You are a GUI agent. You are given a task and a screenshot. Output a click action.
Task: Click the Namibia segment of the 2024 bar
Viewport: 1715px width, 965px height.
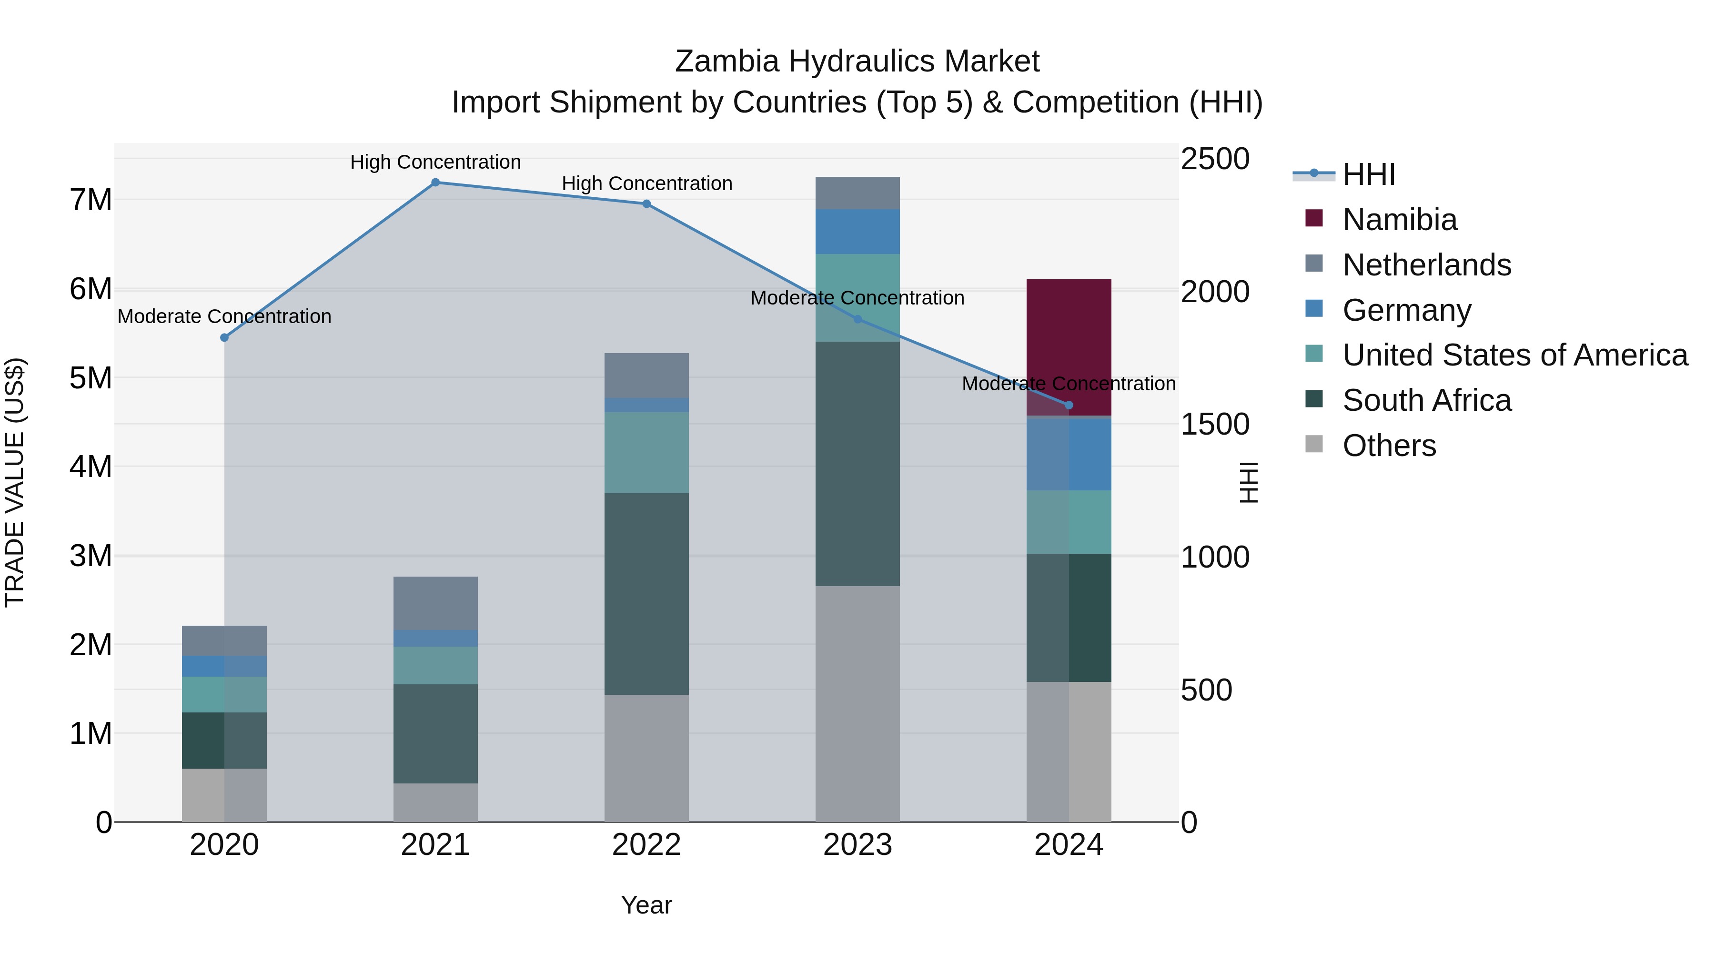(1069, 333)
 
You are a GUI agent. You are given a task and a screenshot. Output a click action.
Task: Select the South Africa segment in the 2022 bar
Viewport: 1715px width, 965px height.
(646, 593)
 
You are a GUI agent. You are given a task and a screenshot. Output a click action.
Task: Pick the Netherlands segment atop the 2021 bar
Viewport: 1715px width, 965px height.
(435, 603)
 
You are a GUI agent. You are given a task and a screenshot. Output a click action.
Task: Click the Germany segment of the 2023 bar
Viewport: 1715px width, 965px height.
(857, 231)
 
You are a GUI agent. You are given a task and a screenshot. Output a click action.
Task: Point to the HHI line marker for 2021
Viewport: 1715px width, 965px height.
(435, 183)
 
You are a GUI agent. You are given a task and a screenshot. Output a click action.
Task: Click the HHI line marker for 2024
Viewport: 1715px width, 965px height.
(1069, 405)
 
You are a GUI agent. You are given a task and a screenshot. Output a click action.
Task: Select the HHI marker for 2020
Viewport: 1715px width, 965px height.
(224, 338)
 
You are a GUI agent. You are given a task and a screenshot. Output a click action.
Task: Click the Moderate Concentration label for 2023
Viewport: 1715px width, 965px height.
(857, 298)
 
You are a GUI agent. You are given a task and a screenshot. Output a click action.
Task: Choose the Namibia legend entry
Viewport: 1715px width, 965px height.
(1400, 220)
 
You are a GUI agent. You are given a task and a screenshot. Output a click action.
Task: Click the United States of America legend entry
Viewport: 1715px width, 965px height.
(1514, 355)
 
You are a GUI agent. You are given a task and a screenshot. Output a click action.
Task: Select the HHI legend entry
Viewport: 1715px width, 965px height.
(1368, 174)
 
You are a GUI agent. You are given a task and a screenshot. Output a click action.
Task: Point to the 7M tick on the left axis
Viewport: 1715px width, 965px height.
(91, 200)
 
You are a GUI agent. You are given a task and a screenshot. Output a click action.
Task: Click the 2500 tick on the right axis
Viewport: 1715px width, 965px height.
(1214, 159)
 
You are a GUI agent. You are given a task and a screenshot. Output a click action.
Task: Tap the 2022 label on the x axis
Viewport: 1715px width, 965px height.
(646, 845)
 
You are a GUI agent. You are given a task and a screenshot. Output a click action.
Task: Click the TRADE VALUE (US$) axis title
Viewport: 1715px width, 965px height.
(15, 482)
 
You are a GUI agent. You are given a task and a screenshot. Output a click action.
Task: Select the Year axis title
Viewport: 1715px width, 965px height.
(646, 905)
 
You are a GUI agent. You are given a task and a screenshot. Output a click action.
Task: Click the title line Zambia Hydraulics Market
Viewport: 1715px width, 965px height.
(857, 61)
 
